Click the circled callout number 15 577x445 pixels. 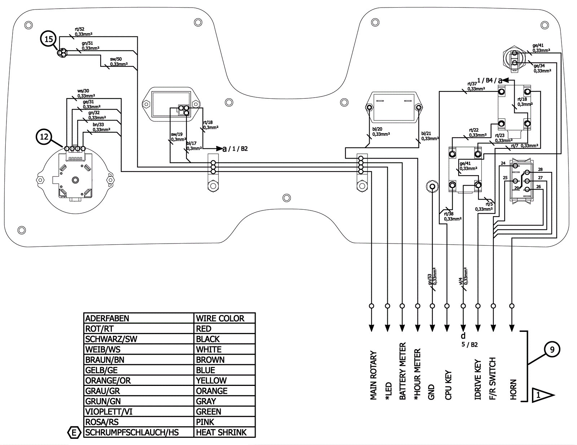[x=49, y=39]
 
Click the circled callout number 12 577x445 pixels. [x=44, y=137]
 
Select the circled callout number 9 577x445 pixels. [x=552, y=350]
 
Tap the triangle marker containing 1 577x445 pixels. [x=542, y=395]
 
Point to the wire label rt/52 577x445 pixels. [x=79, y=29]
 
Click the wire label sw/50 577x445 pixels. [x=116, y=59]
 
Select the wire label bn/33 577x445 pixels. [x=98, y=125]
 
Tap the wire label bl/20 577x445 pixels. [x=377, y=129]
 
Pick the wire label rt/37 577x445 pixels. [x=472, y=84]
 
